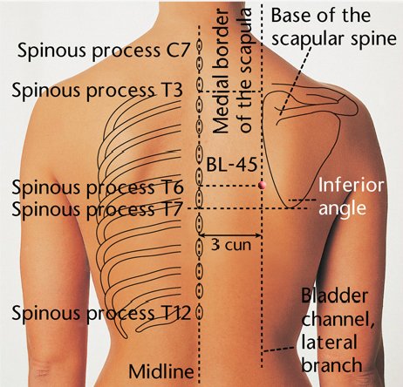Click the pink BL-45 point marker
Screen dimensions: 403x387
[262, 185]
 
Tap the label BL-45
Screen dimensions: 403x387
[232, 165]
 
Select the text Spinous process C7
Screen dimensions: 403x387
[104, 50]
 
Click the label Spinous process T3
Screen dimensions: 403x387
[97, 90]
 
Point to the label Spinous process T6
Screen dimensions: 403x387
[98, 187]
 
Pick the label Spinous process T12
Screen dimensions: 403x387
[101, 313]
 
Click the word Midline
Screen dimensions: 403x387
[161, 371]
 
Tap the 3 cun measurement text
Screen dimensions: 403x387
[231, 245]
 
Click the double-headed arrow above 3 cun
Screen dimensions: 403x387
[230, 234]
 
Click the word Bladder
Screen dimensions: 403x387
[334, 296]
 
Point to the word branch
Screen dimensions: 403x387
[331, 364]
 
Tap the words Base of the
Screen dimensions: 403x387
[321, 16]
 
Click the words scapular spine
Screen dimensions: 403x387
[334, 38]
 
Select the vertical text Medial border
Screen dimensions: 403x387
[221, 71]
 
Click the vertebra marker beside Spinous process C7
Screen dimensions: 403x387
[200, 46]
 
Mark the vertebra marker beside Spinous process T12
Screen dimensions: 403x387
[200, 312]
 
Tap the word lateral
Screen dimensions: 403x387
[329, 342]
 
